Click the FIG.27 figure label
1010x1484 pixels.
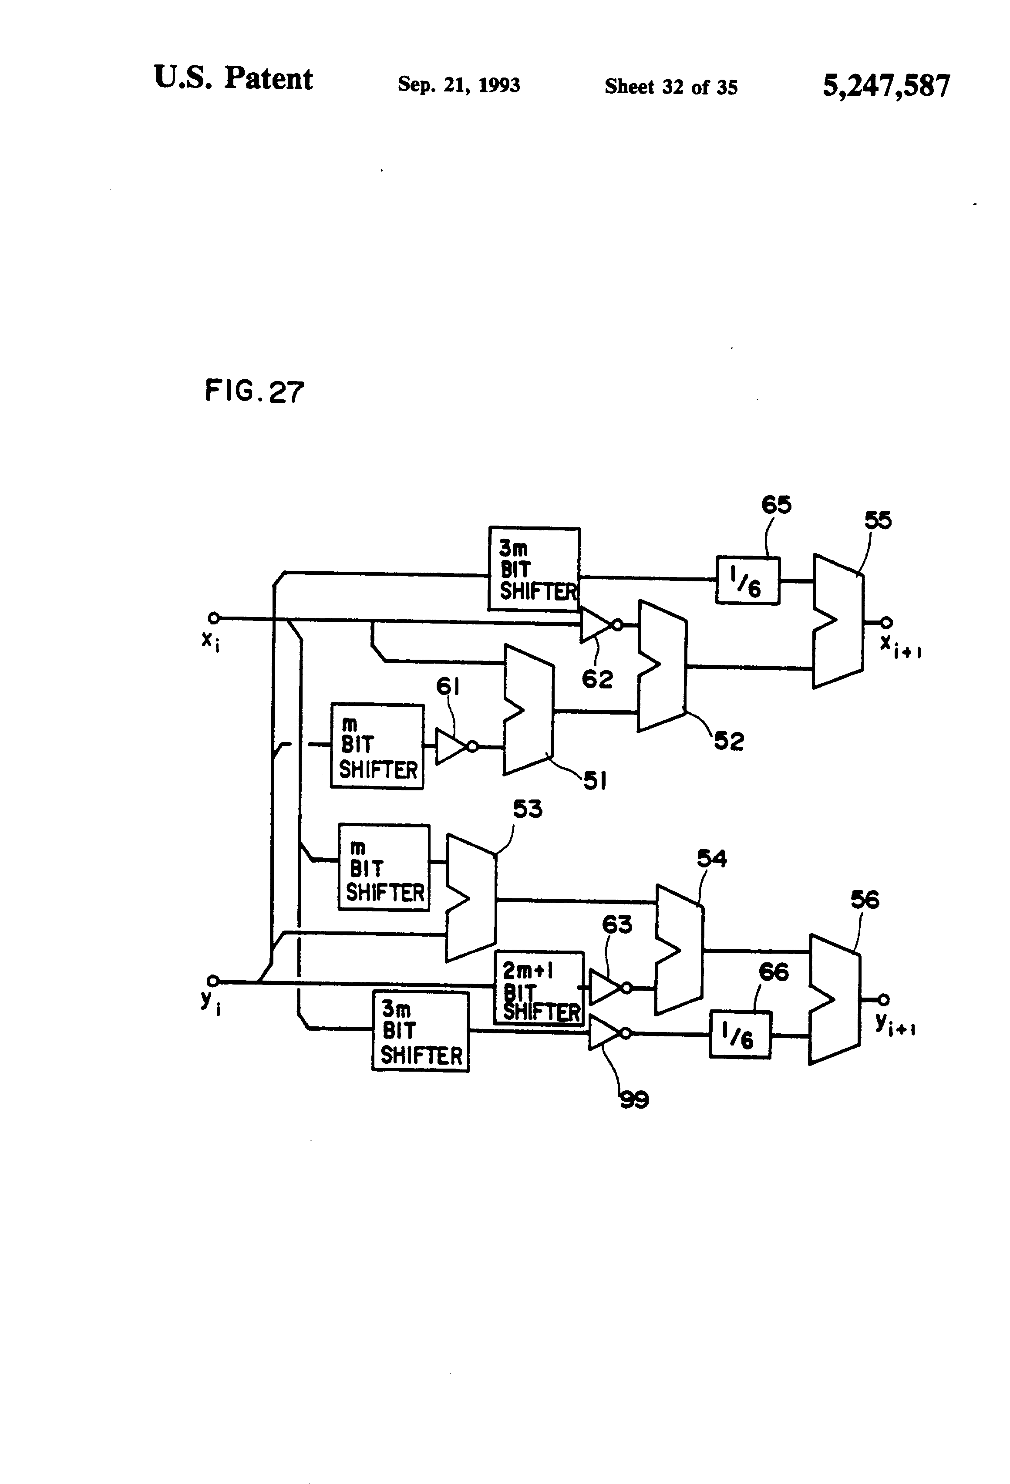coord(254,391)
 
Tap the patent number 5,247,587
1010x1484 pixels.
coord(885,86)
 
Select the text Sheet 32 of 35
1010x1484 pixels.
coord(670,87)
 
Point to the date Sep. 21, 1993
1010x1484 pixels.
coord(458,84)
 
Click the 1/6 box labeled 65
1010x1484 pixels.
coord(747,580)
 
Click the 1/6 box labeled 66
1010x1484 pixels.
coord(740,1035)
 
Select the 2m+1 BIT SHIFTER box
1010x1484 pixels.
coord(539,988)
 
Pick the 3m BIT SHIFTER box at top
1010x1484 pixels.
coord(534,569)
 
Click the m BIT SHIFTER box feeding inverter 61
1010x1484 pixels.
coord(377,746)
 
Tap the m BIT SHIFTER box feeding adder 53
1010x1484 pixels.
coord(384,867)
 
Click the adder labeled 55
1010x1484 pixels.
coord(838,621)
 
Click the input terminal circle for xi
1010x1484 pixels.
coord(214,617)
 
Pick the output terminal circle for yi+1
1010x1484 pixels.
coord(884,999)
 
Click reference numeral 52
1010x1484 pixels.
coord(728,742)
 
